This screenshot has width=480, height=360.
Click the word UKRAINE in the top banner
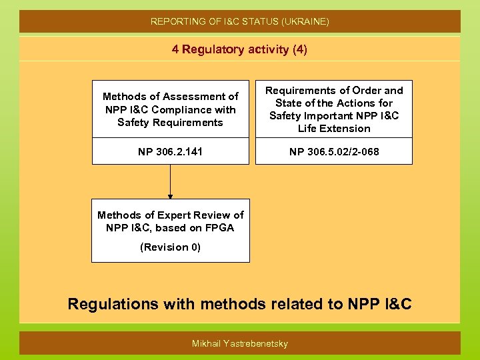[305, 22]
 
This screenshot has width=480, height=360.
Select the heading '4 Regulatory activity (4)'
[240, 49]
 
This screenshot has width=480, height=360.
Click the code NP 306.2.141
[170, 152]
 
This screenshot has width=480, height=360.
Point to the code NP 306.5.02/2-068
[334, 152]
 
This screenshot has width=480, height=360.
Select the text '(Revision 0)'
[170, 247]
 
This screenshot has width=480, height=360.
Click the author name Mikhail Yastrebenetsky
[240, 343]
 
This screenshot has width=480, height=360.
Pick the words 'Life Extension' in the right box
[334, 129]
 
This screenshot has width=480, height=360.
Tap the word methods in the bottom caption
[232, 305]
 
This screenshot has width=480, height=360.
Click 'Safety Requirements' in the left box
[170, 123]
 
